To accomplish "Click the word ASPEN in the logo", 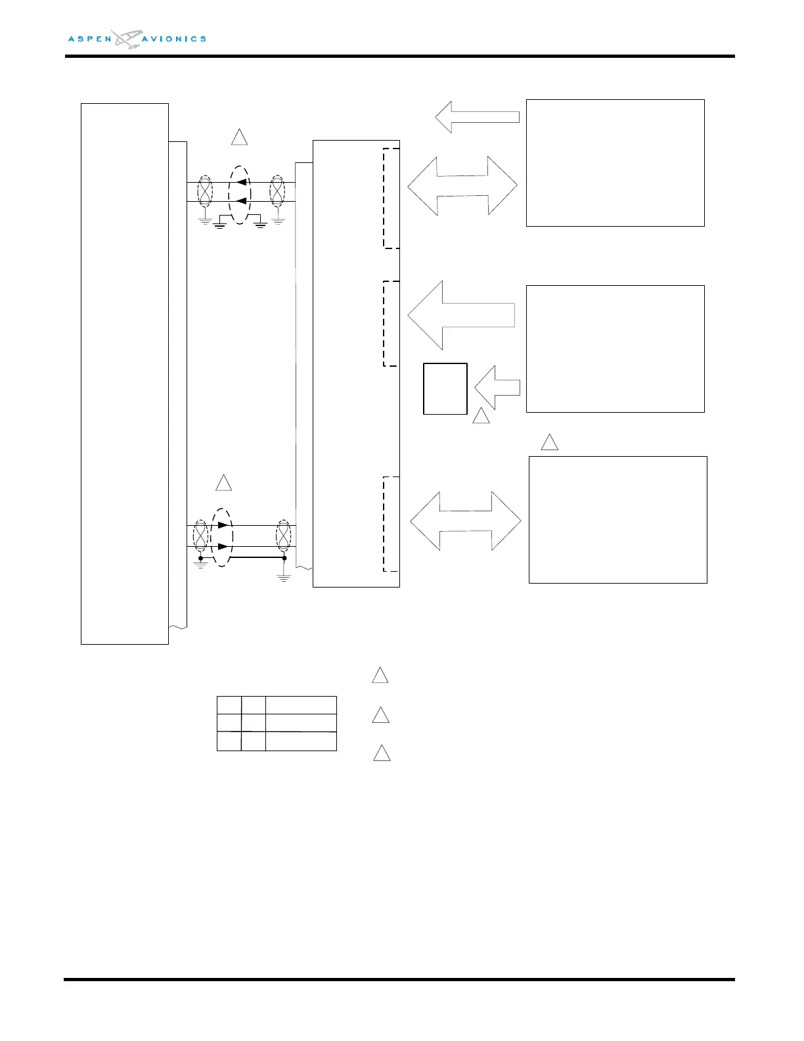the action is tap(90, 39).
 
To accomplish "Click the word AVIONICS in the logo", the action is tap(174, 39).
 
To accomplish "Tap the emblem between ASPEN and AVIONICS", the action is tap(127, 39).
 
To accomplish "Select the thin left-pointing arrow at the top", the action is tap(477, 117).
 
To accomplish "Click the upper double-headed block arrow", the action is tap(462, 186).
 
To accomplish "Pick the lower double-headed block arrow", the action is tap(465, 520).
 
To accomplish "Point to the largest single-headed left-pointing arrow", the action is tap(460, 315).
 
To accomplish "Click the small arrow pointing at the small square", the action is tap(497, 388).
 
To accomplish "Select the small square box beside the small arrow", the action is tap(445, 388).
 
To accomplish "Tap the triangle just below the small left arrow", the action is tap(481, 416).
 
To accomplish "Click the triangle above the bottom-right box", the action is tap(549, 443).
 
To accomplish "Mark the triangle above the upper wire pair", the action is tap(239, 137).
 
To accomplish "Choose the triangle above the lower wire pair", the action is tap(224, 483).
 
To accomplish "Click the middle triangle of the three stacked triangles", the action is tap(380, 716).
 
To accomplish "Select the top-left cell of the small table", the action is tap(229, 705).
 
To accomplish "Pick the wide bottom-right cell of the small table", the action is tap(301, 741).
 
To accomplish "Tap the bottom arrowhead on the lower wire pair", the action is tap(224, 547).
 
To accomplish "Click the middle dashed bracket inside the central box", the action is tap(390, 323).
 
